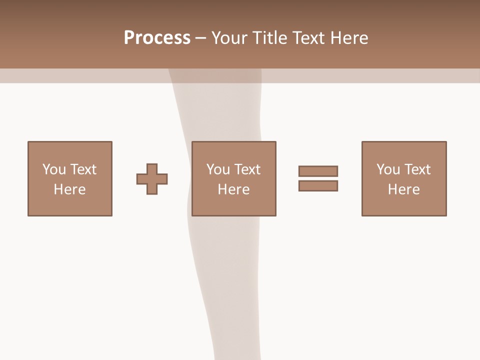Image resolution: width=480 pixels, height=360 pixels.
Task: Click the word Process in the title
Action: coord(157,38)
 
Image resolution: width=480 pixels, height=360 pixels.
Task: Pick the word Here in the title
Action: coord(349,38)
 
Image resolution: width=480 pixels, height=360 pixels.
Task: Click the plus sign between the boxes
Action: coord(152,179)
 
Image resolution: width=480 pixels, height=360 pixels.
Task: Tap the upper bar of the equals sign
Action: coord(318,171)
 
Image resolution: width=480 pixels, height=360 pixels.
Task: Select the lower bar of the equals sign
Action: coord(318,185)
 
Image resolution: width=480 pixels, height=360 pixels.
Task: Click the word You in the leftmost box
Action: coord(54,169)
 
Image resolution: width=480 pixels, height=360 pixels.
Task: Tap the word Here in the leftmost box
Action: coord(69,189)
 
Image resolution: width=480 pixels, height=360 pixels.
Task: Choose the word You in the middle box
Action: coord(218,169)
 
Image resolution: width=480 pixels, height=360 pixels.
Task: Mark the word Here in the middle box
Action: coord(233,189)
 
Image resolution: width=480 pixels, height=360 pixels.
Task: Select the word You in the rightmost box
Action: coord(388,169)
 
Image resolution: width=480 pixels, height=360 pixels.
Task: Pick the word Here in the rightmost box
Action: coord(403,189)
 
